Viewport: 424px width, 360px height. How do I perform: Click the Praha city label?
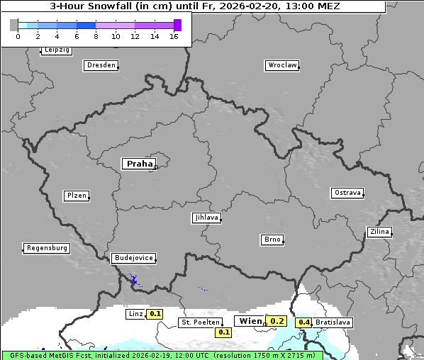click(x=139, y=164)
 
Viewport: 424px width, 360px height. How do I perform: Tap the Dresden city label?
click(x=101, y=65)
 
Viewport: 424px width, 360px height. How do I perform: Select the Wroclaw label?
click(x=281, y=65)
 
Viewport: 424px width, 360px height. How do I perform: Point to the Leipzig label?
click(x=56, y=50)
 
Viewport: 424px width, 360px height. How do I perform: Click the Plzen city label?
click(x=76, y=196)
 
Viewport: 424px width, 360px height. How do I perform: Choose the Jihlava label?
click(x=206, y=218)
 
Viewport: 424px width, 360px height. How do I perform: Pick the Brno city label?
click(x=272, y=240)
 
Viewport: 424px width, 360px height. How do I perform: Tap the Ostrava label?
click(x=347, y=193)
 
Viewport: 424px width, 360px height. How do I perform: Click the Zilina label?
click(x=379, y=232)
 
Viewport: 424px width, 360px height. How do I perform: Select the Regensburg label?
click(x=47, y=248)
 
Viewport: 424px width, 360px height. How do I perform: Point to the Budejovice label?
click(x=133, y=258)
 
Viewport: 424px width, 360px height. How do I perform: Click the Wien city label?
click(x=250, y=321)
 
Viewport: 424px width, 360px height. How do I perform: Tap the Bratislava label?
click(x=333, y=322)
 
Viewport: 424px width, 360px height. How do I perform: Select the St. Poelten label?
click(x=199, y=322)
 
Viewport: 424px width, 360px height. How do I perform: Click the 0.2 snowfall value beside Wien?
click(x=277, y=321)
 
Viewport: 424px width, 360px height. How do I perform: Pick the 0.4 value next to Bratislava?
click(x=304, y=322)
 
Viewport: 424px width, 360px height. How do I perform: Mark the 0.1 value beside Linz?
click(x=155, y=313)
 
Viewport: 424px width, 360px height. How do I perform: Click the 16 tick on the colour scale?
click(x=174, y=36)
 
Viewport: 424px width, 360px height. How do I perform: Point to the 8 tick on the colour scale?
click(x=96, y=36)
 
